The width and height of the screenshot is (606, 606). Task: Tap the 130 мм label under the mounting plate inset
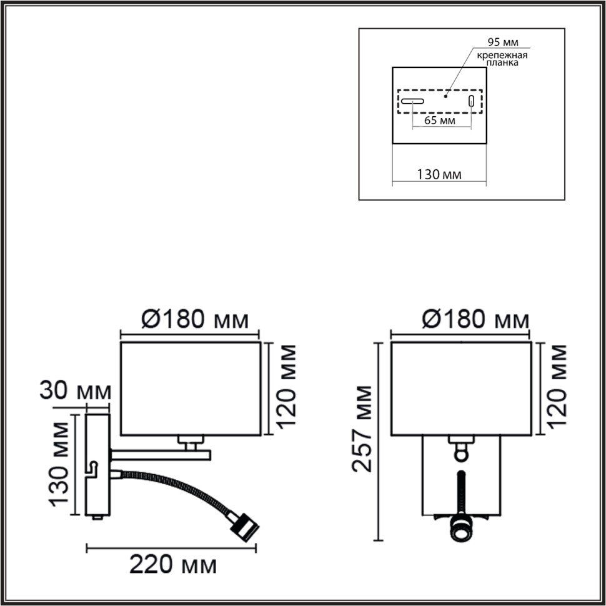pyautogui.click(x=439, y=174)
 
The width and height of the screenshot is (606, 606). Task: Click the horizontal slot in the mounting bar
pyautogui.click(x=412, y=101)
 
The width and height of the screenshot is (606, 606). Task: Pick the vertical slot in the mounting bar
pyautogui.click(x=472, y=101)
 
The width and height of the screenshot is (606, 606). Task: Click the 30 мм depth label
pyautogui.click(x=75, y=392)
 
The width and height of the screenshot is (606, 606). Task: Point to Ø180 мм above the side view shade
pyautogui.click(x=194, y=320)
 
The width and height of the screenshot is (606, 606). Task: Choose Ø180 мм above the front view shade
pyautogui.click(x=475, y=320)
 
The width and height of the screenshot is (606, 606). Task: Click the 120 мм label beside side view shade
pyautogui.click(x=286, y=388)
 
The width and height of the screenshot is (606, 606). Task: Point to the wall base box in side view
pyautogui.click(x=97, y=462)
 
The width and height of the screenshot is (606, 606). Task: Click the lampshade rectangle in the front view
pyautogui.click(x=460, y=387)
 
